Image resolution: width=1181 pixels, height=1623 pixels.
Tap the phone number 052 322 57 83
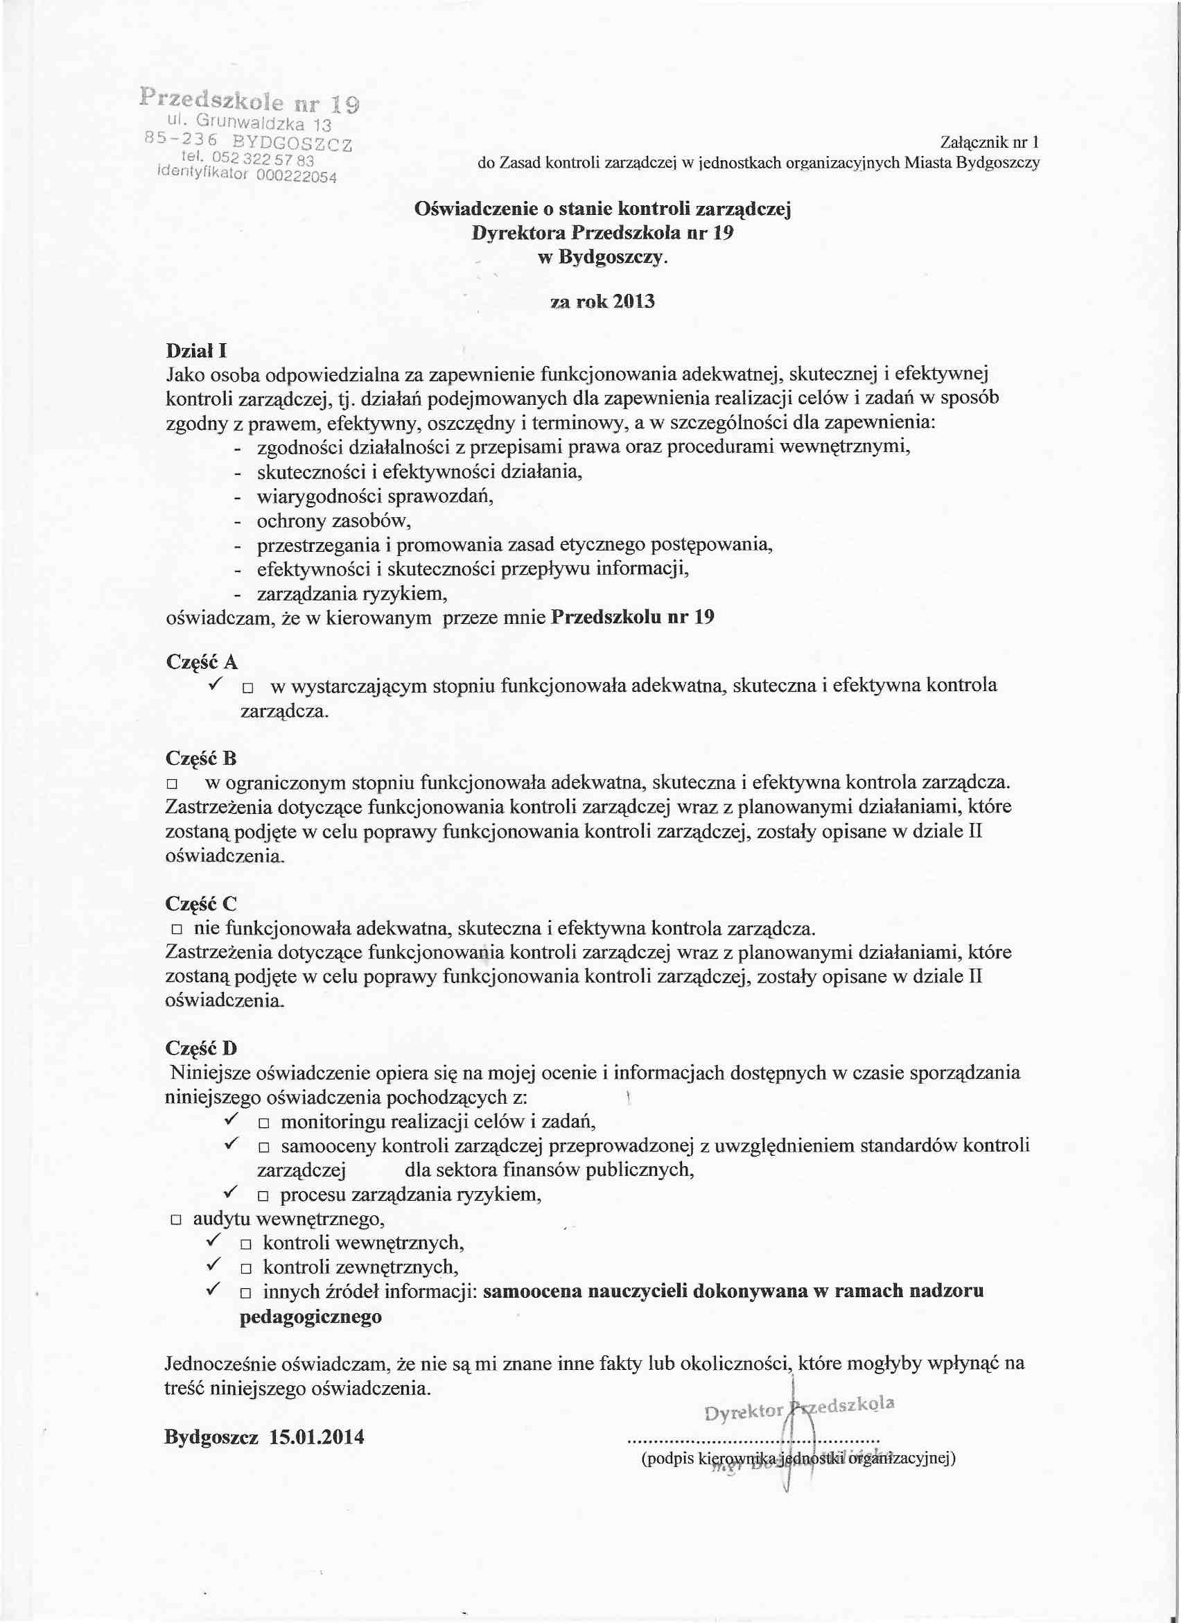tap(264, 159)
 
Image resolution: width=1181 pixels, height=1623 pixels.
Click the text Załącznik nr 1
tap(989, 142)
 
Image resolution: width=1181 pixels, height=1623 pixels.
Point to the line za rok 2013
tap(602, 302)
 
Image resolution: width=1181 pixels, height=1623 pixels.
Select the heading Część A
tap(202, 662)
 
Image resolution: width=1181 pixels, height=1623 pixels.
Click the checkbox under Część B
tap(172, 785)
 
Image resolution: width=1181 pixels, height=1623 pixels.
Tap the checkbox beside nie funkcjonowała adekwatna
tap(177, 930)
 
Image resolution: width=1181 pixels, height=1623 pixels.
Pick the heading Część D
tap(201, 1049)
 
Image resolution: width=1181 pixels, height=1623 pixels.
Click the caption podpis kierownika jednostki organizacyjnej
tap(798, 1459)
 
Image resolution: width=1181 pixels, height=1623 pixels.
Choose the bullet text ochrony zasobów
tap(334, 520)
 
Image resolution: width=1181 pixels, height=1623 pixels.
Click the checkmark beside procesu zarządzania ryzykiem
tap(230, 1192)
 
